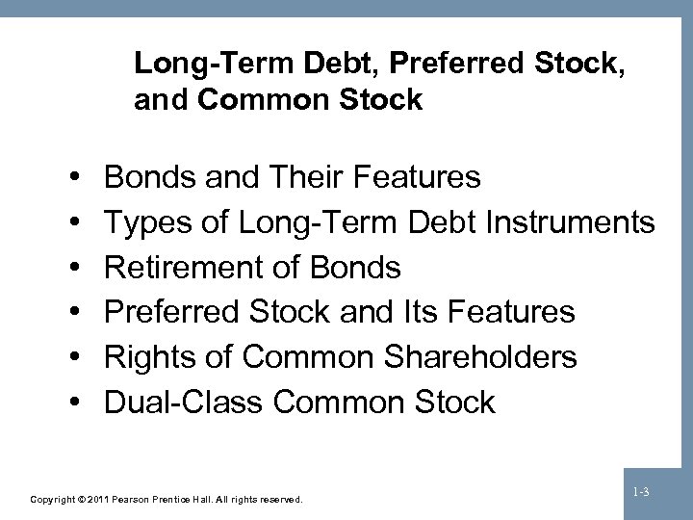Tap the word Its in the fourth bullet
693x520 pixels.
point(404,312)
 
